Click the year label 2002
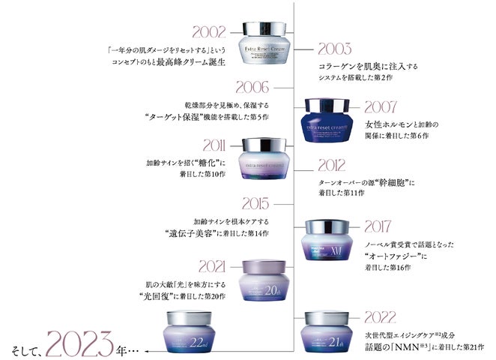(x=209, y=32)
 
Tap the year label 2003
(x=334, y=51)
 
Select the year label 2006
(x=252, y=88)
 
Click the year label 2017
(x=384, y=226)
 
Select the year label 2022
(x=336, y=316)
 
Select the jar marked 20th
(x=259, y=282)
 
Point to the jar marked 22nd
(x=190, y=332)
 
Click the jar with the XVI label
(x=328, y=241)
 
